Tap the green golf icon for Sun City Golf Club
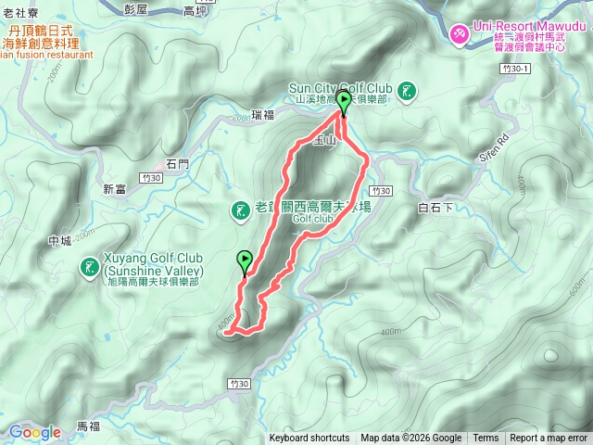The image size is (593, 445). (407, 90)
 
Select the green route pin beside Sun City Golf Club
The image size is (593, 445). (344, 101)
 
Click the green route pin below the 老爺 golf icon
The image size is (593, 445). (246, 261)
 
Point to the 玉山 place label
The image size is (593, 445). (323, 140)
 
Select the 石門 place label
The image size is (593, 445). (177, 163)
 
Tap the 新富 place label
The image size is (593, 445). (115, 189)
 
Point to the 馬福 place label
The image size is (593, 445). (88, 426)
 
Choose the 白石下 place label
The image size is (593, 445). (435, 208)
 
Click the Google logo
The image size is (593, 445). (35, 432)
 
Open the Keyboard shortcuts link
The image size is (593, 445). (309, 439)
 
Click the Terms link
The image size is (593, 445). (486, 439)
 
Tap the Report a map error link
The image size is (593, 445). (549, 439)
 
